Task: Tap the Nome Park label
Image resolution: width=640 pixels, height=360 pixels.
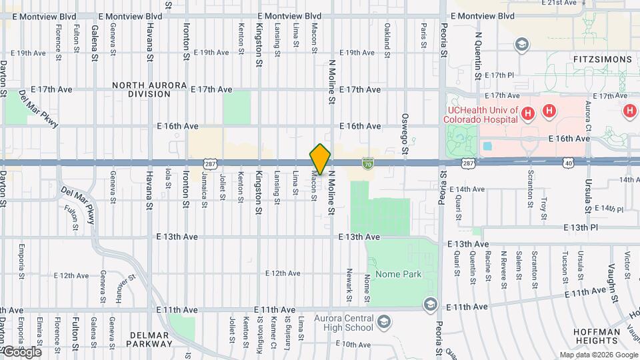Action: tap(399, 275)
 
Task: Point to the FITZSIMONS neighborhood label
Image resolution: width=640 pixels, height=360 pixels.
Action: tap(601, 59)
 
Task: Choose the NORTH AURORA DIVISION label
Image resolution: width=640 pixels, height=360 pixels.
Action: tap(141, 89)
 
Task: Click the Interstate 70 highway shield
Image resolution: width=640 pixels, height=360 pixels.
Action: tap(367, 162)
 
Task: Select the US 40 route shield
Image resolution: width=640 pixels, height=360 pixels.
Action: tap(568, 162)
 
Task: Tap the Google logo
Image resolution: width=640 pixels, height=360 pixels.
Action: tap(21, 352)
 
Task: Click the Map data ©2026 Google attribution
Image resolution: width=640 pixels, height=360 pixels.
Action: tap(599, 355)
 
